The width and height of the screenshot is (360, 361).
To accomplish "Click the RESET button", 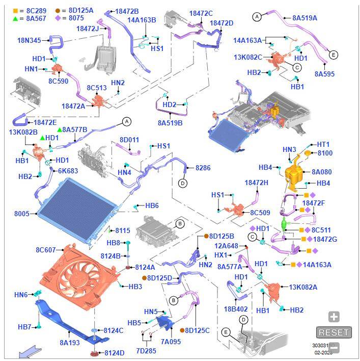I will pyautogui.click(x=334, y=332).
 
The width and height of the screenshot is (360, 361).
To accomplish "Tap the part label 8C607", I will pyautogui.click(x=45, y=250).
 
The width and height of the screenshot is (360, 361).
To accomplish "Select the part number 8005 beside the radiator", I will pyautogui.click(x=22, y=214).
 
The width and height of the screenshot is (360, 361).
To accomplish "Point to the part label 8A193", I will pyautogui.click(x=69, y=343).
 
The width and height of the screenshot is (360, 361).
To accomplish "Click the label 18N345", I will pyautogui.click(x=29, y=40).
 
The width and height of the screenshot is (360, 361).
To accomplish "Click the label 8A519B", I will pyautogui.click(x=170, y=123).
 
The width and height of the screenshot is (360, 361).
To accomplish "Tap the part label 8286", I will pyautogui.click(x=203, y=168).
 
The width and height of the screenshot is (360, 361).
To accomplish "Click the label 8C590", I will pyautogui.click(x=58, y=81).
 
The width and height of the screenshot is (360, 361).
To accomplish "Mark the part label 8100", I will pyautogui.click(x=324, y=153).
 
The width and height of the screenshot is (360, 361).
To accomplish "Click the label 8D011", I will pyautogui.click(x=129, y=140).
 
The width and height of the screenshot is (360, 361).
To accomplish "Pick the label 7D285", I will pyautogui.click(x=146, y=351).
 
